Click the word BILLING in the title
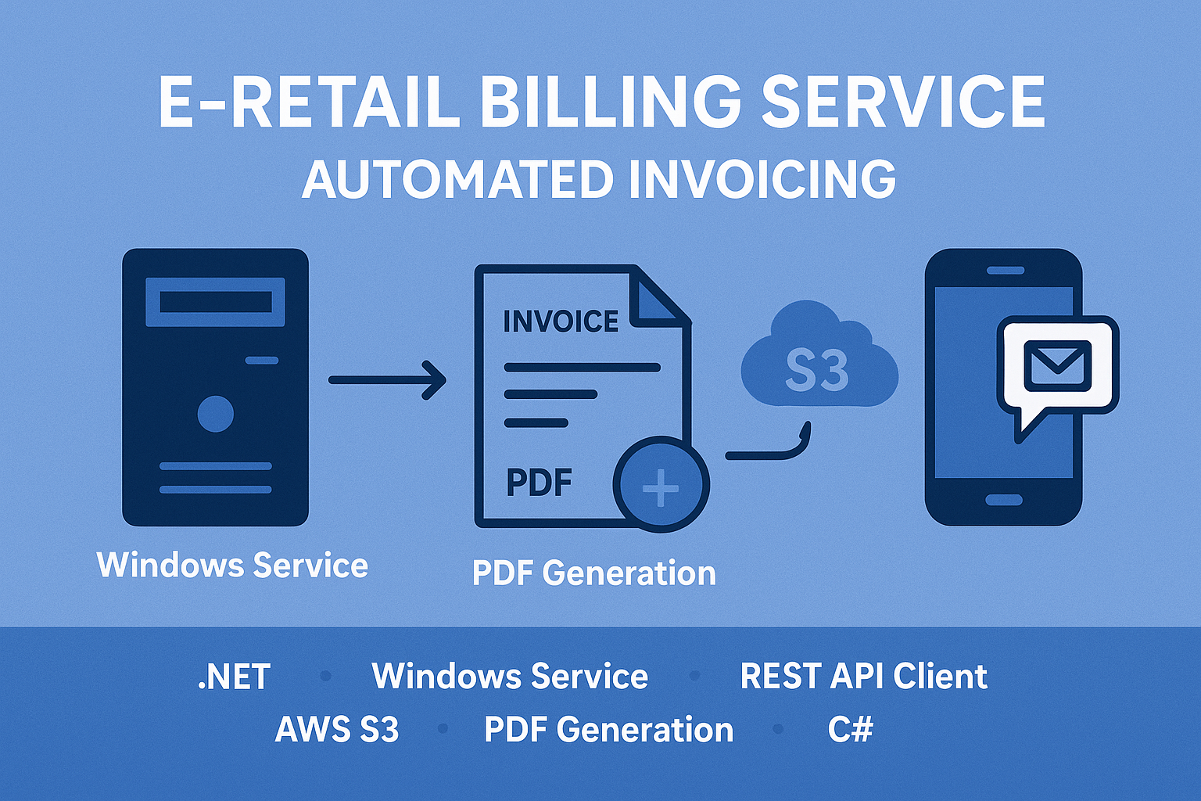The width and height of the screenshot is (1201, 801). click(x=610, y=102)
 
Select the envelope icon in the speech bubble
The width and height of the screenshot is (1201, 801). click(x=1057, y=365)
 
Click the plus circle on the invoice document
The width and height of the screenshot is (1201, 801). click(x=661, y=486)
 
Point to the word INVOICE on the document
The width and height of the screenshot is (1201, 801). click(x=561, y=321)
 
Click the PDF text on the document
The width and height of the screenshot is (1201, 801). click(x=539, y=483)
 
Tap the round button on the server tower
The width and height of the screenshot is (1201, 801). click(x=216, y=414)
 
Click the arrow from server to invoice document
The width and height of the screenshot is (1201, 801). click(x=387, y=380)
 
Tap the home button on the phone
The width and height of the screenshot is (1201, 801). click(x=1004, y=500)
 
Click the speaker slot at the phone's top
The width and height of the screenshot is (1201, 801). click(x=1005, y=271)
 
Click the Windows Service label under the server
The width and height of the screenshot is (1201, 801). click(x=232, y=565)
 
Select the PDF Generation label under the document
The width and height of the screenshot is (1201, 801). click(x=594, y=573)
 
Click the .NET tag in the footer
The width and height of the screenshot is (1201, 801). click(x=234, y=677)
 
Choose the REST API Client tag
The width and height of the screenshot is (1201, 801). click(x=863, y=677)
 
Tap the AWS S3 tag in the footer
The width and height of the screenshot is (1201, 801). click(x=337, y=730)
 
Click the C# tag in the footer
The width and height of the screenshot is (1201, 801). click(x=850, y=730)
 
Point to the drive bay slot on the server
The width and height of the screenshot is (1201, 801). click(x=216, y=302)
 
